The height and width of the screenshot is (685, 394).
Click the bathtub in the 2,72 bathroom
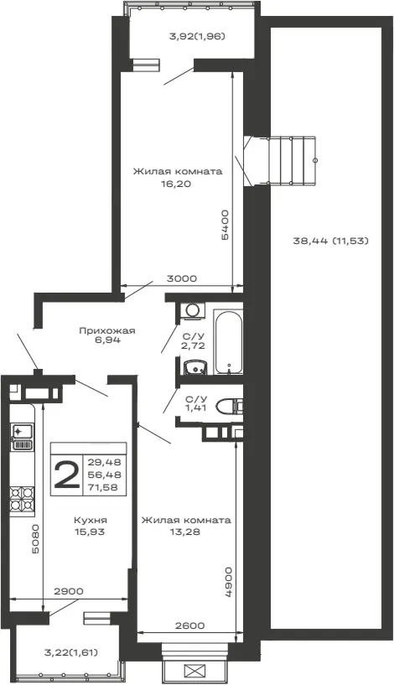coord(228,341)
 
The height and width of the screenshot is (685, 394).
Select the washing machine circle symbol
coord(192,310)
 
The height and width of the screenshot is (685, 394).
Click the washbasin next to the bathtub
coord(194,367)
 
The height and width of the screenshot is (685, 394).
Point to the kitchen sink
coord(22,437)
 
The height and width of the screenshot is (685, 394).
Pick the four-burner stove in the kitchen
coord(22,499)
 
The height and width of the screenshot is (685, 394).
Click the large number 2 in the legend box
coord(66,475)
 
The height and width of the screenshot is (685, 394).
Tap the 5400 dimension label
coord(225,225)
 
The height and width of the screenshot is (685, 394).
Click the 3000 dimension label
coord(182,278)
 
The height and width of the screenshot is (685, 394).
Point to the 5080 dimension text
coord(35,538)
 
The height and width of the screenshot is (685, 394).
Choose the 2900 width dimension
coord(69,591)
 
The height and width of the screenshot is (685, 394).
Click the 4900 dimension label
coord(229,582)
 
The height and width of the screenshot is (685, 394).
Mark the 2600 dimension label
coord(189,625)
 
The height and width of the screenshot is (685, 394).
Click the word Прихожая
coord(107,330)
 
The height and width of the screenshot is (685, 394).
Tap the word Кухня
coord(91,521)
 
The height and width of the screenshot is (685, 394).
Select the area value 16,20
coord(177,184)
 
